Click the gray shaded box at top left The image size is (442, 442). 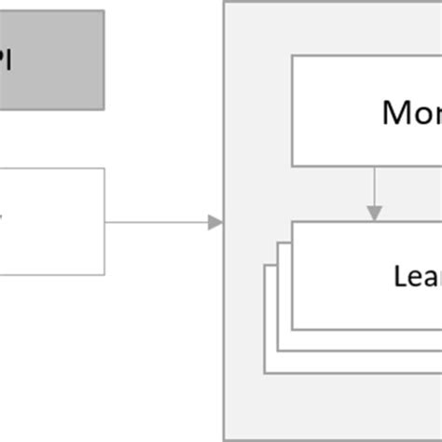pyautogui.click(x=51, y=60)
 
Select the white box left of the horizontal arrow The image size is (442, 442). pyautogui.click(x=52, y=222)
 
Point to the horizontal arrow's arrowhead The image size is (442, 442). pyautogui.click(x=215, y=222)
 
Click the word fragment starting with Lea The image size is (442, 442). pyautogui.click(x=418, y=276)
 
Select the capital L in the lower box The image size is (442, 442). pyautogui.click(x=399, y=276)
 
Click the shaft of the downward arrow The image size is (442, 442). pyautogui.click(x=374, y=186)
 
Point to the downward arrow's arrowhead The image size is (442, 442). pyautogui.click(x=374, y=214)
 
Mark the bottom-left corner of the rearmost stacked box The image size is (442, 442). pyautogui.click(x=265, y=373)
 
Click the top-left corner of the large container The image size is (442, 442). pyautogui.click(x=224, y=2)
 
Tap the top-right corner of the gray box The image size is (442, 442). pyautogui.click(x=104, y=11)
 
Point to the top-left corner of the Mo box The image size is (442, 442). pyautogui.click(x=292, y=55)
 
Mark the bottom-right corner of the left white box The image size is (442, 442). pyautogui.click(x=104, y=275)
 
